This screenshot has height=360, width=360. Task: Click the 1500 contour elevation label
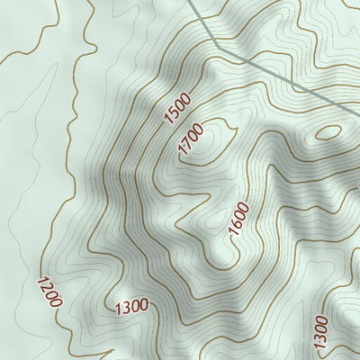coord(178,107)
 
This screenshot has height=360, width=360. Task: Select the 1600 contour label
coord(238,219)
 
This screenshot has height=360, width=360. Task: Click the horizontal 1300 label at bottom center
coord(131,307)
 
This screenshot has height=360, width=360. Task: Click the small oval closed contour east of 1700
coord(328,131)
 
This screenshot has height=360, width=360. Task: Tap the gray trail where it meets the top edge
coord(193,2)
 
